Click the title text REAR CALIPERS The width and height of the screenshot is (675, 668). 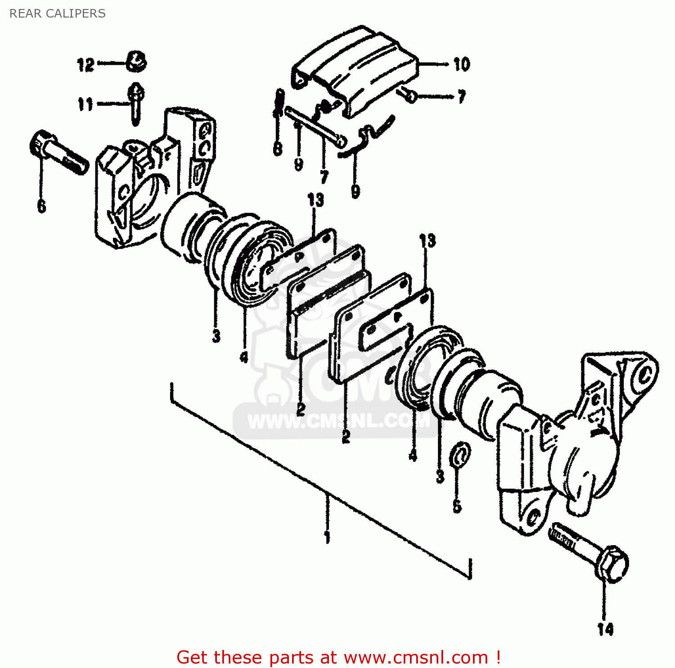click(x=58, y=14)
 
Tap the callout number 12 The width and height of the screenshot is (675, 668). click(x=85, y=65)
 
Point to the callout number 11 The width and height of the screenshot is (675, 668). click(x=85, y=104)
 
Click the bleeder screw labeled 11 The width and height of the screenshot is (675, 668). click(x=136, y=103)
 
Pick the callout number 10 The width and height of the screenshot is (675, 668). click(x=462, y=64)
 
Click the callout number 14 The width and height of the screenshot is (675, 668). click(x=605, y=629)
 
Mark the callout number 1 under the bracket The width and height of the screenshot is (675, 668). click(x=327, y=537)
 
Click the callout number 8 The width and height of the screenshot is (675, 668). click(x=278, y=149)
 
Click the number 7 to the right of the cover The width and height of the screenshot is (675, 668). click(x=462, y=97)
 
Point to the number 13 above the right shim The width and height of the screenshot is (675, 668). click(x=427, y=241)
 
